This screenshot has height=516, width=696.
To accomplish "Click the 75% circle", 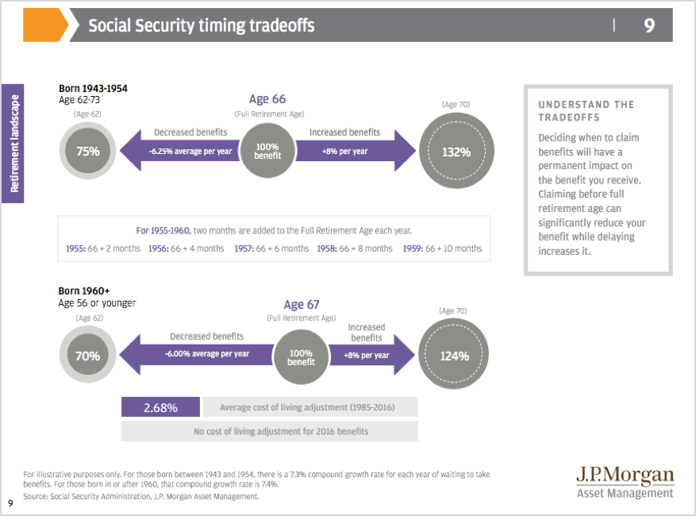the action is pyautogui.click(x=88, y=151).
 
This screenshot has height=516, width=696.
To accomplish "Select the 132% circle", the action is pyautogui.click(x=456, y=151).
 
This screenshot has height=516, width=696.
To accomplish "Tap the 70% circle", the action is pyautogui.click(x=88, y=355).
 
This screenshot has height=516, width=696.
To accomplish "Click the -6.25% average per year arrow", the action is pyautogui.click(x=179, y=151).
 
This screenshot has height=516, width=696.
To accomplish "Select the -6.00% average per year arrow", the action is pyautogui.click(x=196, y=354).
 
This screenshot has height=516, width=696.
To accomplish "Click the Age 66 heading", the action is pyautogui.click(x=267, y=99).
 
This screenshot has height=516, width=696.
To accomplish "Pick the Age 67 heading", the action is pyautogui.click(x=302, y=305).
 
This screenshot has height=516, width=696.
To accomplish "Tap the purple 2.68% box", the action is pyautogui.click(x=160, y=406).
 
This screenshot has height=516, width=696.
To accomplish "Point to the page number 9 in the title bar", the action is pyautogui.click(x=649, y=25).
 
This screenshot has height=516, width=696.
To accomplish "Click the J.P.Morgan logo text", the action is pyautogui.click(x=625, y=476).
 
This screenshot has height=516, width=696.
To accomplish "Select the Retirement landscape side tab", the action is pyautogui.click(x=13, y=144).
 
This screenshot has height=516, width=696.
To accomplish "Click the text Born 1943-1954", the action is pyautogui.click(x=93, y=88).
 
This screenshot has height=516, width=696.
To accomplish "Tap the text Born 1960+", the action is pyautogui.click(x=84, y=291).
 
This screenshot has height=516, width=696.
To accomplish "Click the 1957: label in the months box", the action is pyautogui.click(x=244, y=248).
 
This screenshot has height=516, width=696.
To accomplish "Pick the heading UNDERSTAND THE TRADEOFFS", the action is pyautogui.click(x=586, y=111).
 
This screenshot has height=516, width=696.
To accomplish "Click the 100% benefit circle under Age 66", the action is pyautogui.click(x=267, y=151).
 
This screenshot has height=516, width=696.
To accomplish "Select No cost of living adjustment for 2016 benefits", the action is pyautogui.click(x=281, y=431).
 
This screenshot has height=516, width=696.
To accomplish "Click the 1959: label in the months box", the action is pyautogui.click(x=413, y=248).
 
